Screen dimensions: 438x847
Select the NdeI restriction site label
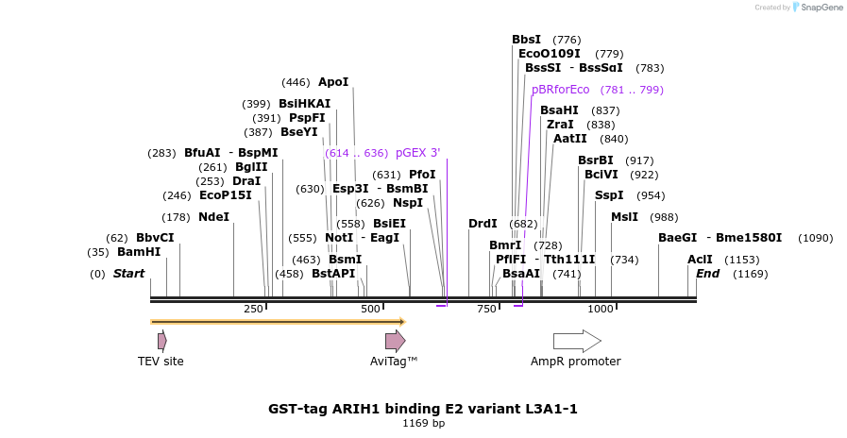point(213,217)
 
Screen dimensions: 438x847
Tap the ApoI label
point(333,82)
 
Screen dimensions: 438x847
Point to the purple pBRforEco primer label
point(560,90)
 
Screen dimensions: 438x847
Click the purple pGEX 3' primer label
point(417,153)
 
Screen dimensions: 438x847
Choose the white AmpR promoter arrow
point(577,341)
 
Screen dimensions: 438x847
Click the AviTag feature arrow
point(395,341)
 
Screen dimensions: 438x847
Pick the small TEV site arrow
point(162,340)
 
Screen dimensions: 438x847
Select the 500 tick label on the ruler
point(370,309)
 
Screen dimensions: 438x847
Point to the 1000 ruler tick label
point(601,309)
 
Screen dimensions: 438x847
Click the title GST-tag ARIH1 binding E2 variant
point(422,409)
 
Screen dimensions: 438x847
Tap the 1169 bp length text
point(423,424)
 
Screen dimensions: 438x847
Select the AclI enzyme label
point(700,260)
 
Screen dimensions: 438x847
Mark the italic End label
point(707,274)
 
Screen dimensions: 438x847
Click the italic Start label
point(129,274)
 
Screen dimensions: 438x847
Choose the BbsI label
point(526,40)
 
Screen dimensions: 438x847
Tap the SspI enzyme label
point(609,195)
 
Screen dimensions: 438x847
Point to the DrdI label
point(483,224)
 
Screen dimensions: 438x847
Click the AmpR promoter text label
point(575,362)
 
